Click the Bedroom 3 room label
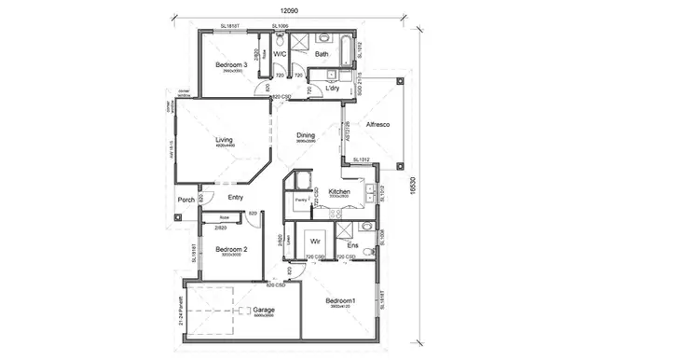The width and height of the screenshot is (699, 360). click(x=230, y=64)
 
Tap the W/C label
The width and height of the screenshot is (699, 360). click(x=279, y=55)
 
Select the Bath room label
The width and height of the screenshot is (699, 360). click(x=322, y=55)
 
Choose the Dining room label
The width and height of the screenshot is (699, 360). click(x=306, y=135)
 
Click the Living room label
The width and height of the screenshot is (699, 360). click(x=224, y=141)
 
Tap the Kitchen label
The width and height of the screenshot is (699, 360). click(x=339, y=190)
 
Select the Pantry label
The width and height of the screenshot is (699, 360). click(x=301, y=200)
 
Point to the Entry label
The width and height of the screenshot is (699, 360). click(x=236, y=197)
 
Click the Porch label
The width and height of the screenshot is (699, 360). click(x=185, y=200)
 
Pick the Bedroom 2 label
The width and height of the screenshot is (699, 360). click(x=230, y=249)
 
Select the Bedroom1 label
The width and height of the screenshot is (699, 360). click(x=341, y=300)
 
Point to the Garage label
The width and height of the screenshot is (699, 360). click(x=265, y=310)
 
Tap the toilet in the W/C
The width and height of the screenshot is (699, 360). click(x=280, y=40)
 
